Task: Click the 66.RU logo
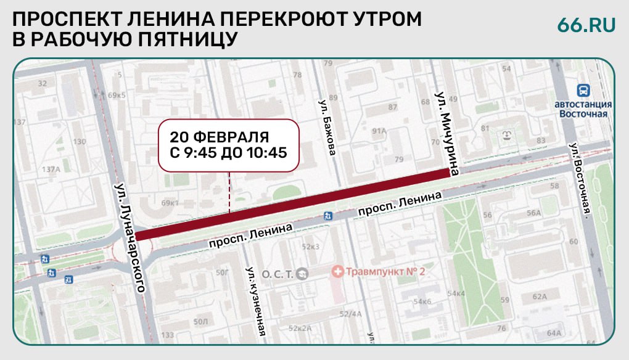point(586,25)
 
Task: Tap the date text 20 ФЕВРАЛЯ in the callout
point(220,136)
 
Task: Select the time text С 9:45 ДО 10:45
point(228,151)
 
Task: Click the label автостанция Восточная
point(583,108)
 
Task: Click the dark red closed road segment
point(292,203)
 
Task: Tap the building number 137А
point(50,168)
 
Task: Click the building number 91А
point(379,131)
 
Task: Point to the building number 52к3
point(311,246)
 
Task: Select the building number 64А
point(554,333)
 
